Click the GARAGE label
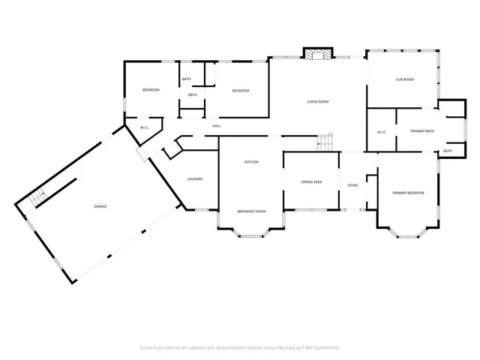(99, 206)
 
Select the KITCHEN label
(251, 162)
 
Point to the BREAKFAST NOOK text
(251, 211)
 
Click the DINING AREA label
(311, 181)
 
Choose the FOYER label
(352, 184)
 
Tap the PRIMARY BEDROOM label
(408, 193)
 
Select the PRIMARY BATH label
(423, 131)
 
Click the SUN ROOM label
(405, 79)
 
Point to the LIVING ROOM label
(318, 102)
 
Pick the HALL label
(216, 125)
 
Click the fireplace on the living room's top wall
(315, 53)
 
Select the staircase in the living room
(324, 142)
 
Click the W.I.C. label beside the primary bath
(381, 132)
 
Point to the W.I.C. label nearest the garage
(145, 127)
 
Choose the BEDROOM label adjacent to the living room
(240, 91)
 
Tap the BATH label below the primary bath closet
(447, 151)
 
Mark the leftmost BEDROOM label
(151, 90)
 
